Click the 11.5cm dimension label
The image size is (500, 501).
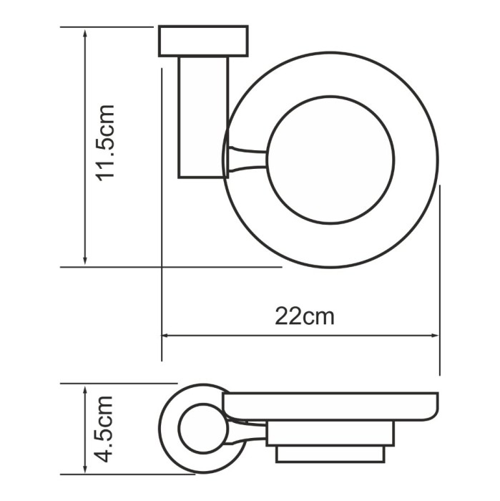point(105,143)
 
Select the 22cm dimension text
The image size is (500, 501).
point(304,316)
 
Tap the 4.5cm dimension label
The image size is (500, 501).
point(105,429)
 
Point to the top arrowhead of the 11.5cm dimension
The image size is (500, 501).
point(86,33)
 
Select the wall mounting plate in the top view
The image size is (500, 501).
point(203,41)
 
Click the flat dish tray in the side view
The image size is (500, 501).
point(329,406)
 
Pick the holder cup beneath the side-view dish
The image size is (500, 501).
point(329,434)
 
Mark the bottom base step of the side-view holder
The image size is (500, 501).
point(330,454)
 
